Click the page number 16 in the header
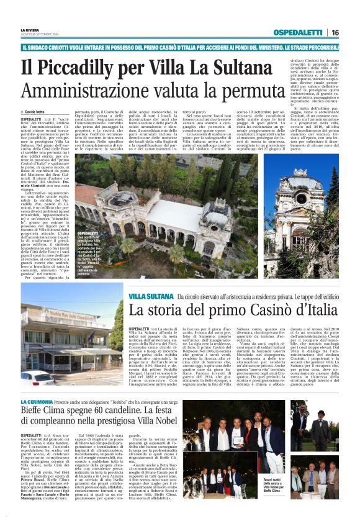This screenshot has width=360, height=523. click(335, 32)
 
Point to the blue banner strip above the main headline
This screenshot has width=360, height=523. click(180, 46)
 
